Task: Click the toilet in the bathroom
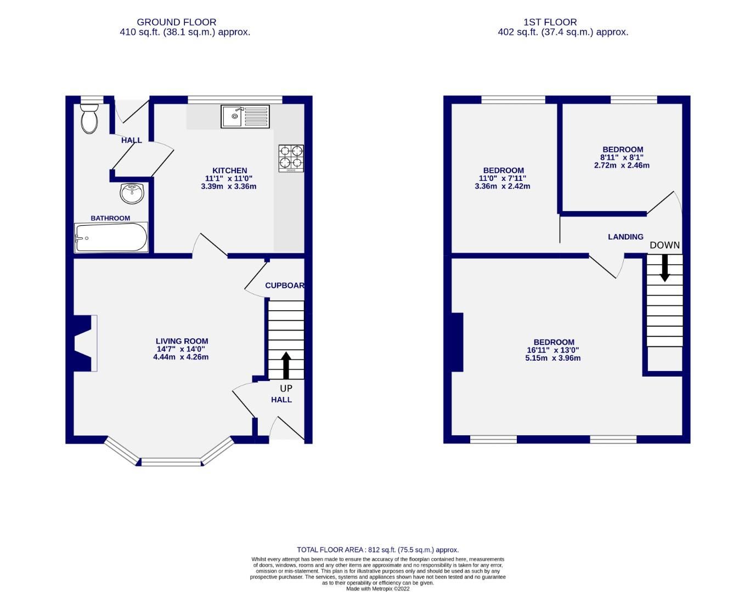click(89, 118)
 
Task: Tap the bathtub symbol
click(111, 238)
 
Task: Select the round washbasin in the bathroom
click(131, 193)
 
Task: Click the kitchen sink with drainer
click(245, 116)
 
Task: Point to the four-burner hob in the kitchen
click(291, 157)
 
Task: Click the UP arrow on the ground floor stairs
click(286, 365)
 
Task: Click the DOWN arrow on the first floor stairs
click(664, 268)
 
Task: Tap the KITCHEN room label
click(229, 170)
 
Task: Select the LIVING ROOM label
click(182, 341)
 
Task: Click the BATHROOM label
click(110, 218)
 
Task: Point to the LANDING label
click(625, 237)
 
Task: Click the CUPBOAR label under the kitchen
click(284, 286)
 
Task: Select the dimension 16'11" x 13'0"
click(552, 350)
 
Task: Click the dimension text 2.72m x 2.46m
click(622, 165)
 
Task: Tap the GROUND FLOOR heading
click(176, 22)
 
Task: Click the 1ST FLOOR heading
click(550, 22)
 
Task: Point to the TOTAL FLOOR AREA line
click(377, 550)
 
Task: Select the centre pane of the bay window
click(172, 462)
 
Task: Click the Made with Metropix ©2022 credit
click(377, 589)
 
